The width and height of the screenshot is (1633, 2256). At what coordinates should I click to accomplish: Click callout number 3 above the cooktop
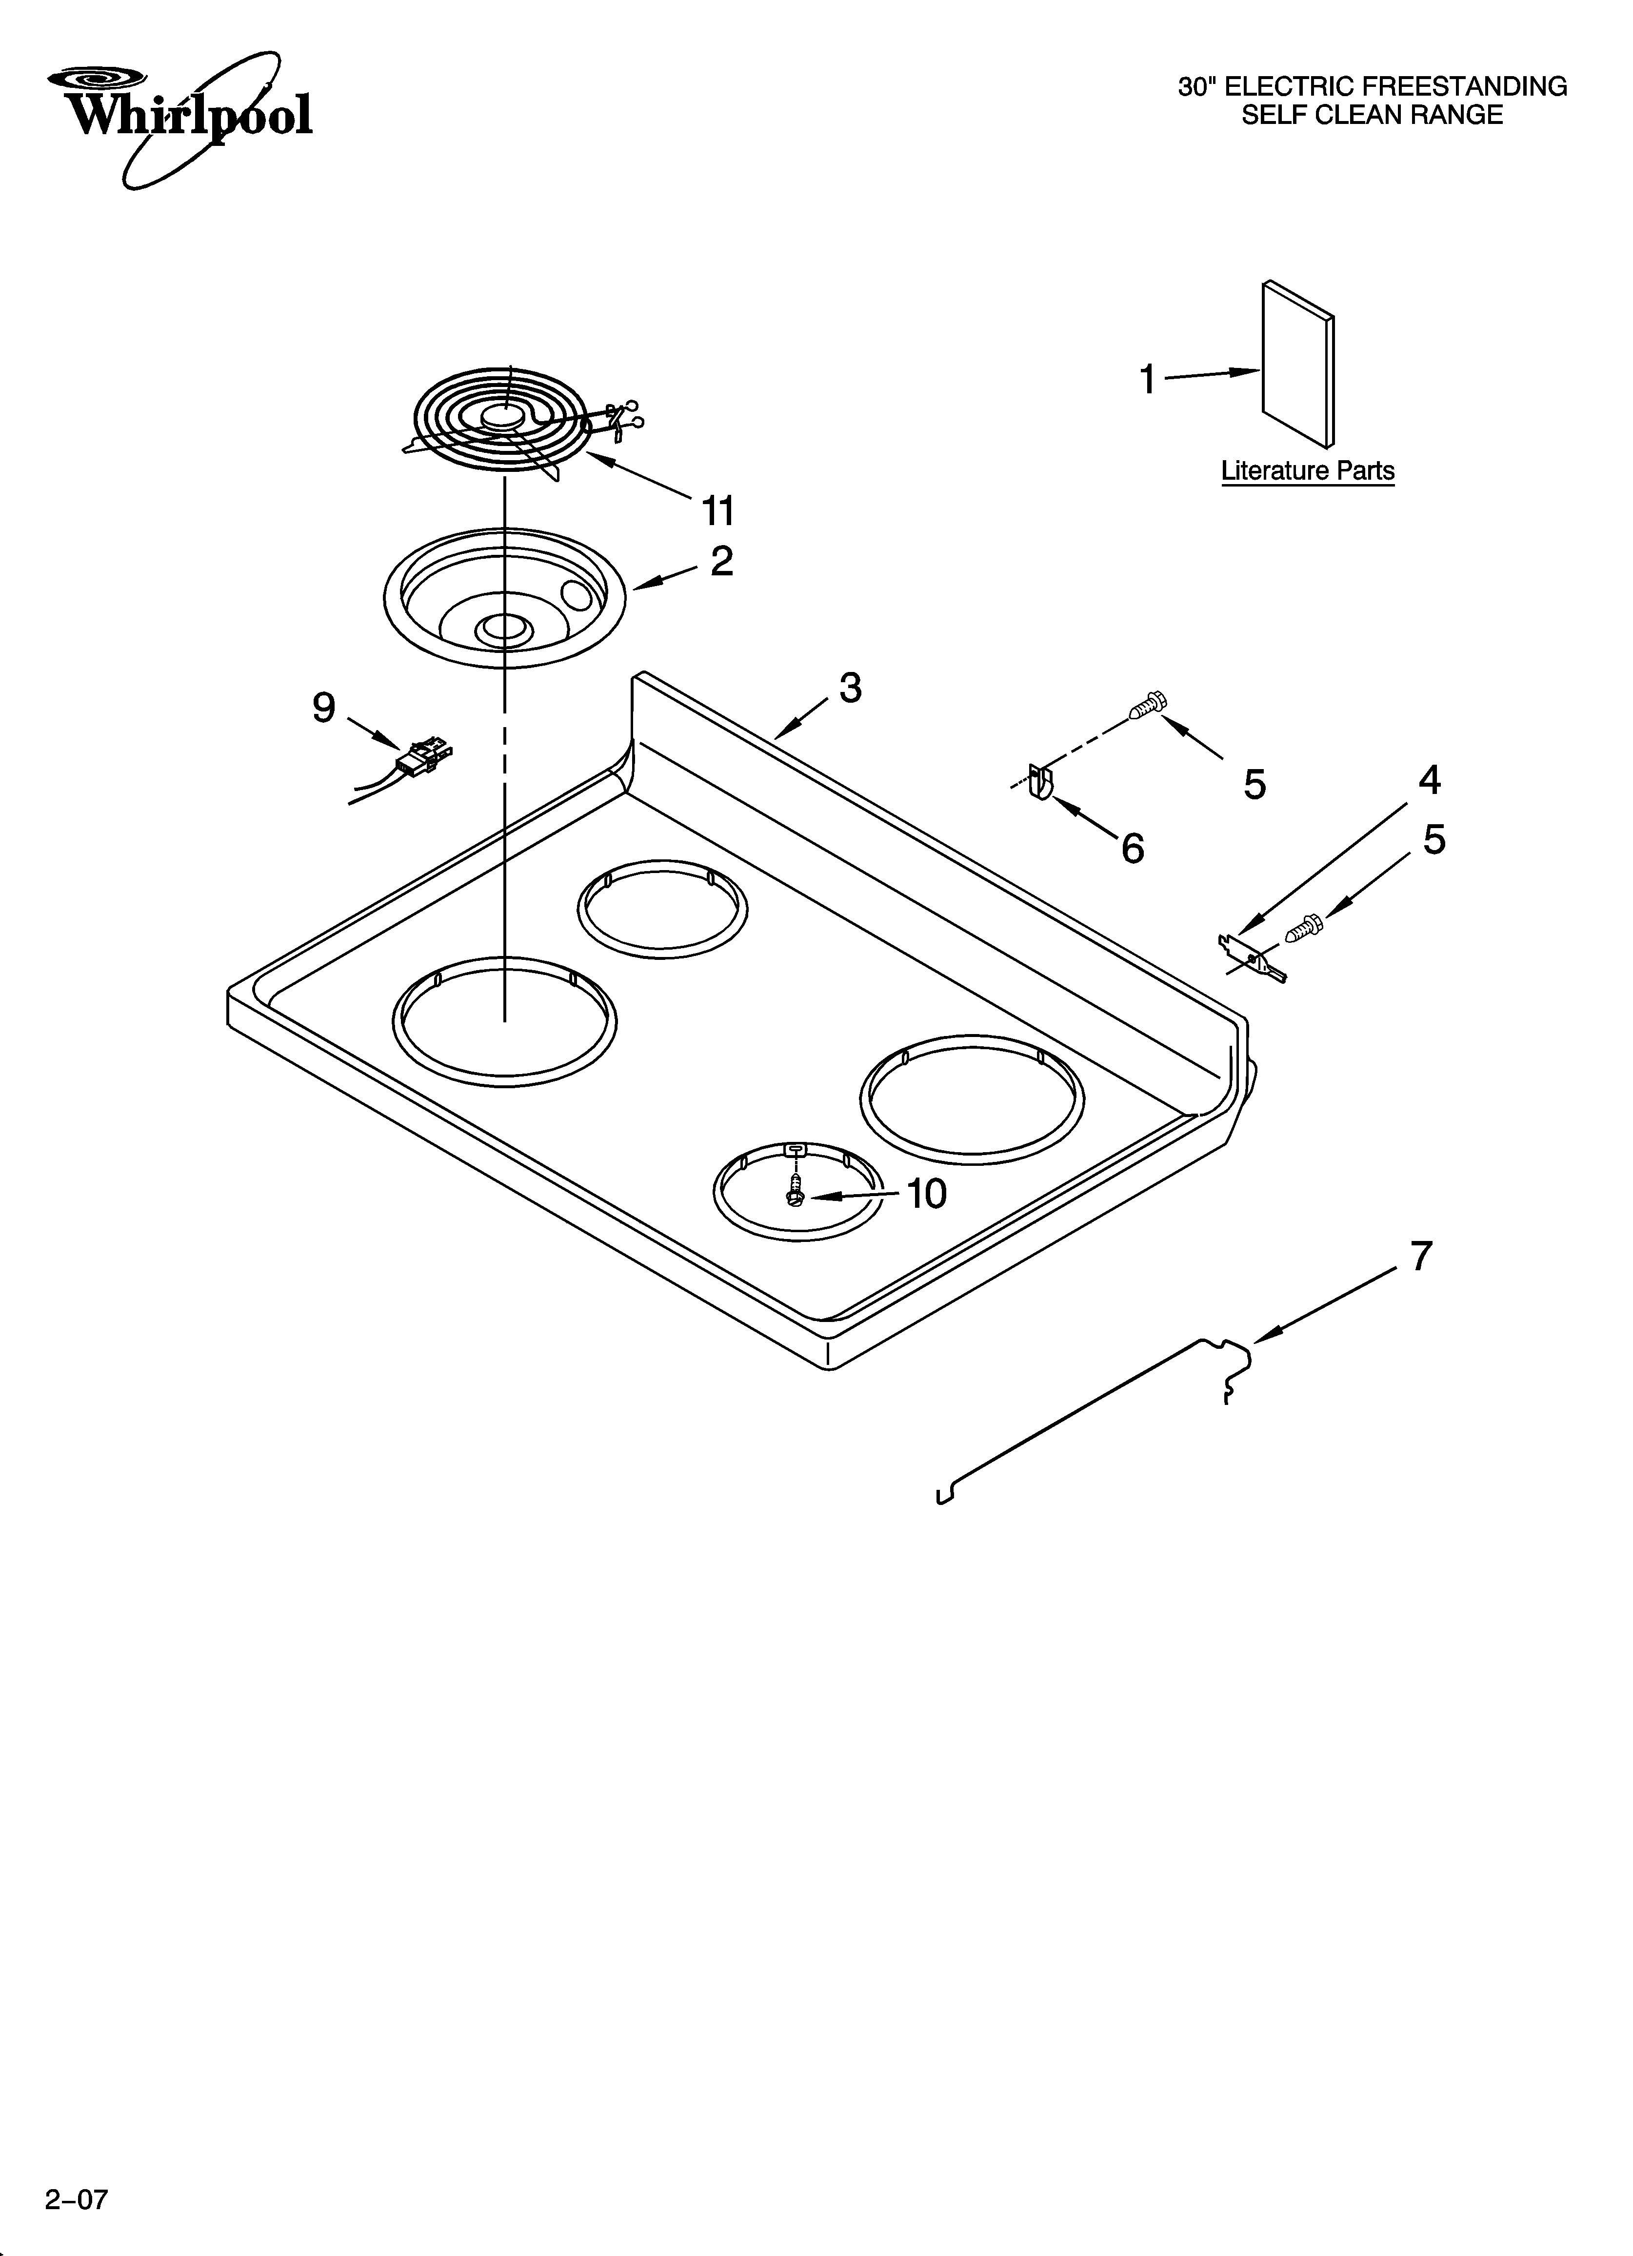coord(849,688)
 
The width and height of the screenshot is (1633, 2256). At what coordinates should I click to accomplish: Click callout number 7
coord(1421,1256)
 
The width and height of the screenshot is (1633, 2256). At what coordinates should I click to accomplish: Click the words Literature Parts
coord(1308,470)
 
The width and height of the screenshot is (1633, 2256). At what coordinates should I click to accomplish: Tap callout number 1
coord(1148,379)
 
